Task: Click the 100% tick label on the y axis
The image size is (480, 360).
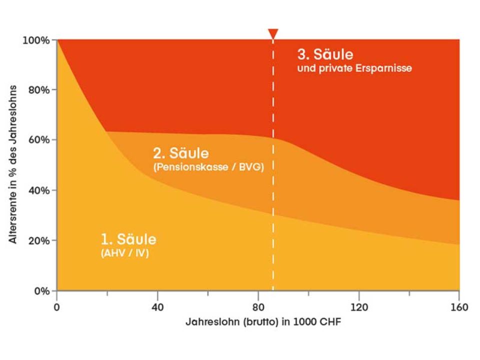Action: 36,40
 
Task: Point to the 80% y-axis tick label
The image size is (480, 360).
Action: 38,90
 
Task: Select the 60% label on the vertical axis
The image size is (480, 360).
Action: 38,139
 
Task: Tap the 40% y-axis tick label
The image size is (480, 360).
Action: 38,190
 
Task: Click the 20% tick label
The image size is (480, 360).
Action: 38,240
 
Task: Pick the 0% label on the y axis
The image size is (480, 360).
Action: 40,291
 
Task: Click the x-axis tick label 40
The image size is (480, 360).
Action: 157,306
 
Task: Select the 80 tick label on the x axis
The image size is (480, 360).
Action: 258,306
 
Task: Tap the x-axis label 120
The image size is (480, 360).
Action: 358,306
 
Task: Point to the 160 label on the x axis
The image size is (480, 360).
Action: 459,306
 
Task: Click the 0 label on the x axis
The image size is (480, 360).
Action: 57,306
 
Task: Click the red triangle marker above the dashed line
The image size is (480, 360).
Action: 273,34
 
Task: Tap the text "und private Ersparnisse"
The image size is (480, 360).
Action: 354,68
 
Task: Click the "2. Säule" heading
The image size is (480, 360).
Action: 180,152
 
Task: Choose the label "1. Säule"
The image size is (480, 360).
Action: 128,239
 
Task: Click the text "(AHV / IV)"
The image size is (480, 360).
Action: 124,253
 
